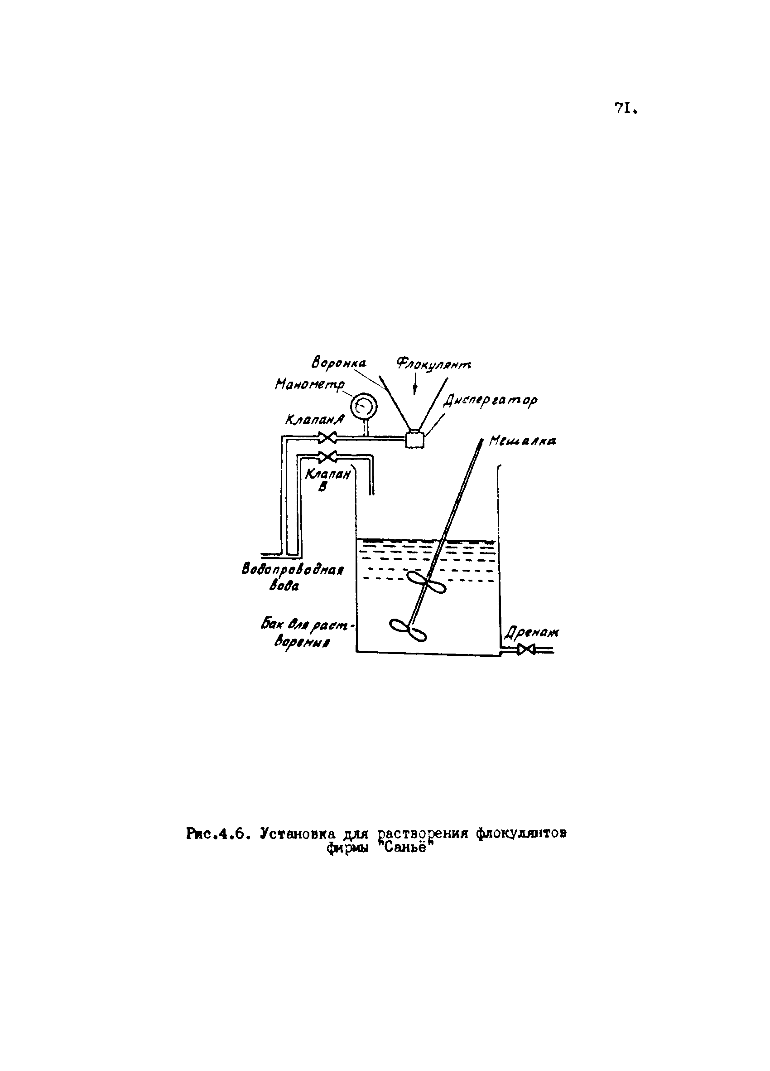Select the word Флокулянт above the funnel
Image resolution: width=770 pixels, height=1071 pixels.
(x=433, y=363)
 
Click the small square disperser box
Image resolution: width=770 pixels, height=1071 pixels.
(x=415, y=439)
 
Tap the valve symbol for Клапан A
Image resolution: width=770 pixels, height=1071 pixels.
(x=327, y=438)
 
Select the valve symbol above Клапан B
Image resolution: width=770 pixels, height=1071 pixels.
(x=327, y=457)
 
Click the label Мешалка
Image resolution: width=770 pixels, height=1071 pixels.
(x=522, y=441)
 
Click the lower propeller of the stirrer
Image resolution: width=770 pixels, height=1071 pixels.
(x=408, y=630)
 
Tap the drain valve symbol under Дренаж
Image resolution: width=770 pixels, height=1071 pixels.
(x=525, y=650)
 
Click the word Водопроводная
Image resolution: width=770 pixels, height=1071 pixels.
(x=293, y=570)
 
